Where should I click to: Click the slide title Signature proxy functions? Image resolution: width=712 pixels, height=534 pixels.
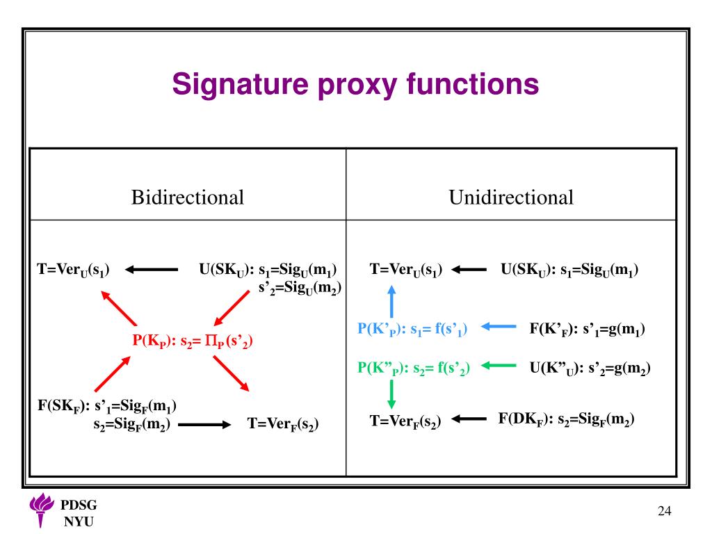355,85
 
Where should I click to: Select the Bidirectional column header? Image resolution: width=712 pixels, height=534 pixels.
188,197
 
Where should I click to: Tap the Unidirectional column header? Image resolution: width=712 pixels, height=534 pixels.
511,197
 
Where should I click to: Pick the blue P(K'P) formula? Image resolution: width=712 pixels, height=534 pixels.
412,329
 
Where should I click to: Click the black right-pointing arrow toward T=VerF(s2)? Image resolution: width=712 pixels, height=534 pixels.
205,424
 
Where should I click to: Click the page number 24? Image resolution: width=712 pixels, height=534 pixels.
665,512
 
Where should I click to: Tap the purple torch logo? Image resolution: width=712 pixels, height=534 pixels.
42,512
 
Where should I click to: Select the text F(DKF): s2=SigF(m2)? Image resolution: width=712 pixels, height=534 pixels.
566,419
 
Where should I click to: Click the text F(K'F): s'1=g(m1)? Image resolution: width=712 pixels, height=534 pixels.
588,328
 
